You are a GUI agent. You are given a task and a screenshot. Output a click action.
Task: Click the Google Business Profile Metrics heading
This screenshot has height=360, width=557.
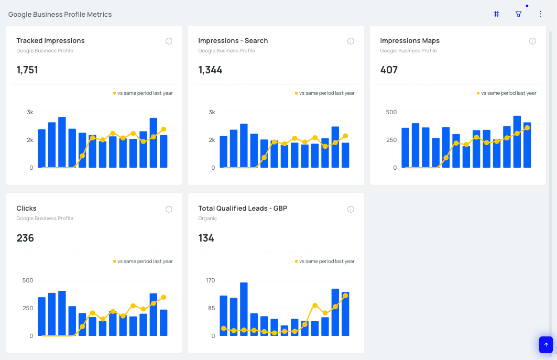pos(60,15)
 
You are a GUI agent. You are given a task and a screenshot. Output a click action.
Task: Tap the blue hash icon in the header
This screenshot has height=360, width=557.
pos(496,14)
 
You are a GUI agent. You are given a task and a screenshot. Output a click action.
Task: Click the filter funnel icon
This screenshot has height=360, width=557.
pos(519,14)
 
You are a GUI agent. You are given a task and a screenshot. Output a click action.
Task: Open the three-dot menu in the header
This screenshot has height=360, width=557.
pos(540,14)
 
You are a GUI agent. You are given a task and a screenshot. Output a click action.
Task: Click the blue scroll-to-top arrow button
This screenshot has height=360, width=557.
pos(546,345)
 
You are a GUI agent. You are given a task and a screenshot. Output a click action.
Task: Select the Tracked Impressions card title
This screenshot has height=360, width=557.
pos(50,41)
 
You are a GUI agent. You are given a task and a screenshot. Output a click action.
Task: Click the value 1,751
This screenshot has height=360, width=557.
pos(27,70)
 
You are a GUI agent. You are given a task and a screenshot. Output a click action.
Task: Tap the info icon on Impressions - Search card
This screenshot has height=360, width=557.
pos(351,41)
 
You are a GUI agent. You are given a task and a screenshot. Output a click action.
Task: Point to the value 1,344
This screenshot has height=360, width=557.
pos(210,70)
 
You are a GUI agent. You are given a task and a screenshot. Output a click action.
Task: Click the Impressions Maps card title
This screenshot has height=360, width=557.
pos(410,41)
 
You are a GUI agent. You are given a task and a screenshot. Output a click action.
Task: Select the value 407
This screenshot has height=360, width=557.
pos(389,70)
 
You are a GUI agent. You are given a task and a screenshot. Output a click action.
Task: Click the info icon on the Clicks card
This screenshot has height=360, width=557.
pos(169,209)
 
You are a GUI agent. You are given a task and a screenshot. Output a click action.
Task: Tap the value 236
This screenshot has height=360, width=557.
pos(25,238)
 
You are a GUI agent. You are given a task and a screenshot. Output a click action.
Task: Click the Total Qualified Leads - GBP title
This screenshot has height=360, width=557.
pos(243,209)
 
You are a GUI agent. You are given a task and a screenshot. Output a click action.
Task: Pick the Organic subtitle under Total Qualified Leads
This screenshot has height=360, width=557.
pos(207,219)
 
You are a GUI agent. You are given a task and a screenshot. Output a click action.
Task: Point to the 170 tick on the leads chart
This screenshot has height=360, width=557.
pos(210,280)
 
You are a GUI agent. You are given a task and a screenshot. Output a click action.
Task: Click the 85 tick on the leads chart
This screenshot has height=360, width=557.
pos(211,308)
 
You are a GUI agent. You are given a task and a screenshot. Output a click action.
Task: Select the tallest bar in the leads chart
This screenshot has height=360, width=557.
pos(244,309)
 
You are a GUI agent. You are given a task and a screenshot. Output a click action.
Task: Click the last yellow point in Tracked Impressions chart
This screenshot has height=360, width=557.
pos(163,129)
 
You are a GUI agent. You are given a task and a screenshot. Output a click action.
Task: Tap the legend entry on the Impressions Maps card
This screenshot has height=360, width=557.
pos(507,93)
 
